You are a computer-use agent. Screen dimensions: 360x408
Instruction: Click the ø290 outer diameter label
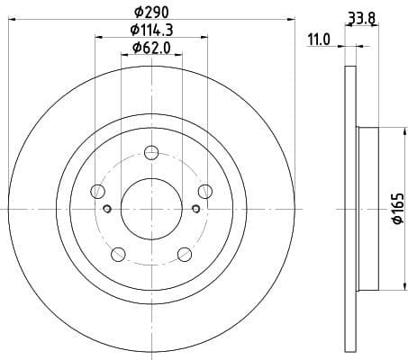coord(151,11)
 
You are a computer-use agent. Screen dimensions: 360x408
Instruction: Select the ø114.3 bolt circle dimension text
coord(151,31)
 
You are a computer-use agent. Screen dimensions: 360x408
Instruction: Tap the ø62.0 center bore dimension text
coord(151,49)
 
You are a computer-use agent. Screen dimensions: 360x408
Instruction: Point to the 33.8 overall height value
coord(361,14)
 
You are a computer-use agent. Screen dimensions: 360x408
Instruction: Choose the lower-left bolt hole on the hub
coord(118,253)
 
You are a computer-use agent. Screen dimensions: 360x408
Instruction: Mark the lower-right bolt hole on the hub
coord(185,253)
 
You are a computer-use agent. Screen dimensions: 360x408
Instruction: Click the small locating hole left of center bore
coord(107,210)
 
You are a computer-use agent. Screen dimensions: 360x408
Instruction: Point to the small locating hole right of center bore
coord(195,210)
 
